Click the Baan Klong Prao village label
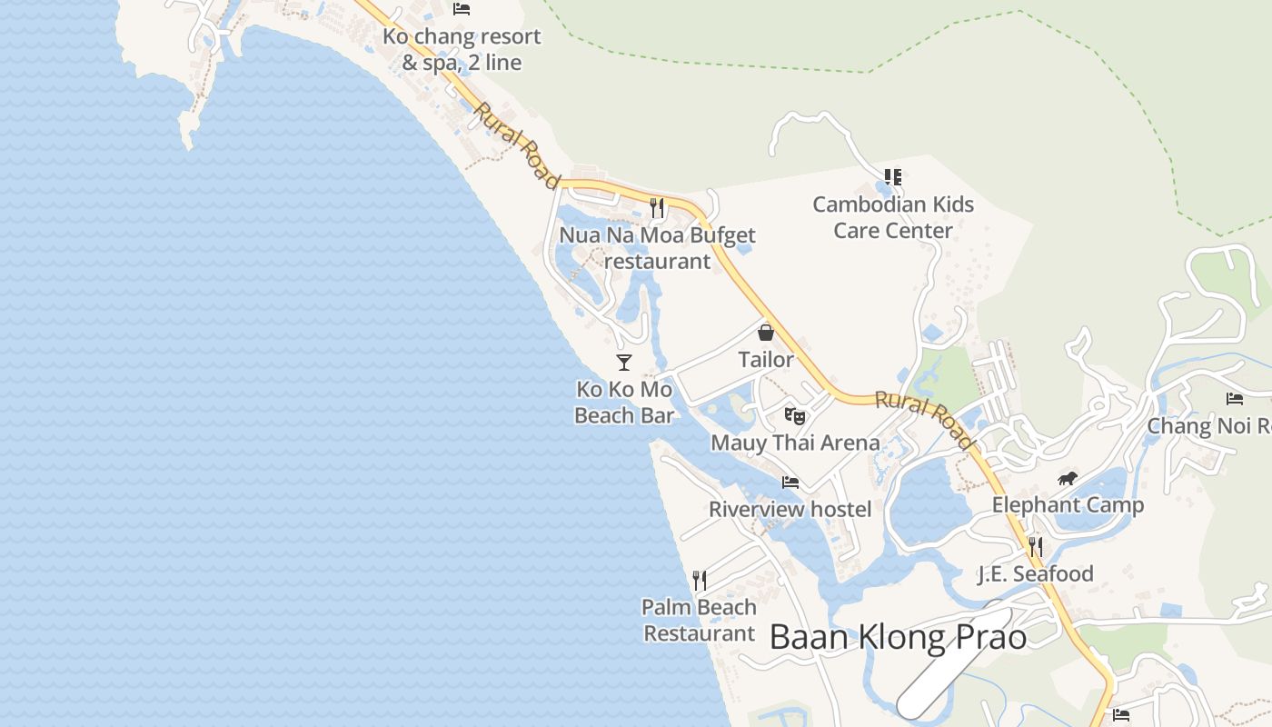[x=898, y=637]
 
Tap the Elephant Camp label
[x=1068, y=505]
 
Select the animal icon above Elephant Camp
[x=1068, y=479]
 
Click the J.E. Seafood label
[x=1035, y=574]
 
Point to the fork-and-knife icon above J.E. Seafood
[x=1035, y=547]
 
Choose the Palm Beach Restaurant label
[x=699, y=620]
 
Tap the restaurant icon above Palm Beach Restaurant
[x=700, y=581]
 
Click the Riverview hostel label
[x=790, y=509]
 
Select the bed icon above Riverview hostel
[x=790, y=483]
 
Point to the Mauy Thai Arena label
[x=795, y=443]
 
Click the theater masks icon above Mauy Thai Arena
[x=795, y=416]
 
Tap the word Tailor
[x=766, y=360]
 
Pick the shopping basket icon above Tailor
[x=766, y=333]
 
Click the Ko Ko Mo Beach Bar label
[x=624, y=403]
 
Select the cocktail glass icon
[x=624, y=363]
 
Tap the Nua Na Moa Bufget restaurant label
[x=657, y=248]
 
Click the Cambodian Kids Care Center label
[x=893, y=217]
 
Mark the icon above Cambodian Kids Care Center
[x=893, y=177]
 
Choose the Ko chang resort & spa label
[x=462, y=49]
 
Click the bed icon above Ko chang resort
[x=462, y=9]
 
